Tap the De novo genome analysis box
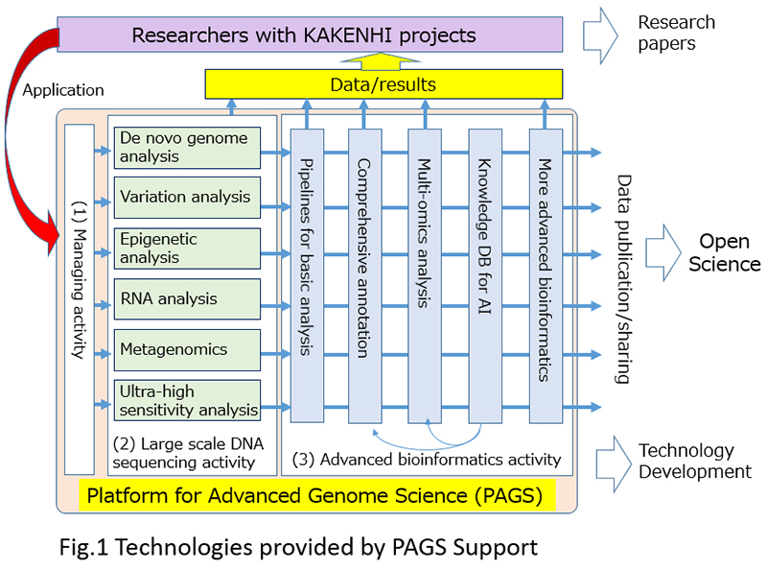tap(188, 146)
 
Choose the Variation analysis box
tap(188, 197)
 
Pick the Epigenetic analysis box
tap(188, 248)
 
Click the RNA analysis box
tap(188, 298)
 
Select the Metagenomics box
tap(188, 349)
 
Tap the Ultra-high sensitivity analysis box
tap(188, 400)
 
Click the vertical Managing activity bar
tap(80, 297)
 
